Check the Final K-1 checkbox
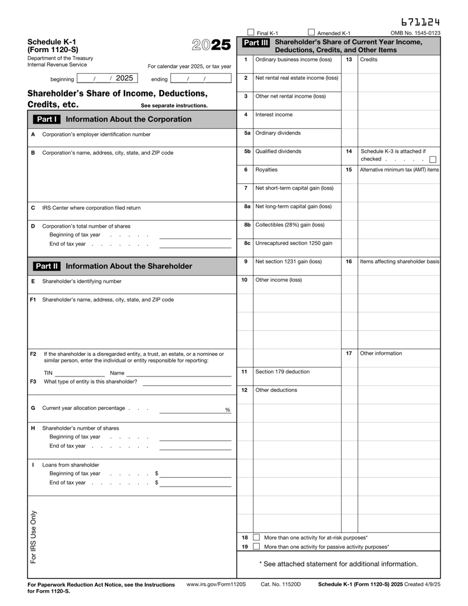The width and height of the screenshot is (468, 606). [x=251, y=33]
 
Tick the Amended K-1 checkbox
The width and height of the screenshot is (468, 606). [x=311, y=33]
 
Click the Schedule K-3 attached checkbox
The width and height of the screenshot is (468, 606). [x=433, y=159]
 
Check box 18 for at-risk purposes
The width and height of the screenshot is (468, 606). [x=256, y=537]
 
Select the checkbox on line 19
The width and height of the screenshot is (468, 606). [x=256, y=547]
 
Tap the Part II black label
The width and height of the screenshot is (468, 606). [x=47, y=266]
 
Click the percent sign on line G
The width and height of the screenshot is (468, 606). [x=228, y=410]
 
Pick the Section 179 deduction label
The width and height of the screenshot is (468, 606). [x=283, y=371]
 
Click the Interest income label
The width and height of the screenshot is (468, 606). [x=274, y=115]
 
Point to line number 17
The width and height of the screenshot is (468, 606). [x=349, y=353]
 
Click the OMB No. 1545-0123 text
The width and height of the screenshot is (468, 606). [x=415, y=33]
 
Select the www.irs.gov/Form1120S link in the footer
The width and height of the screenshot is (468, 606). [x=216, y=584]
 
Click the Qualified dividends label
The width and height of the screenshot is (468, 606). [x=278, y=151]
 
